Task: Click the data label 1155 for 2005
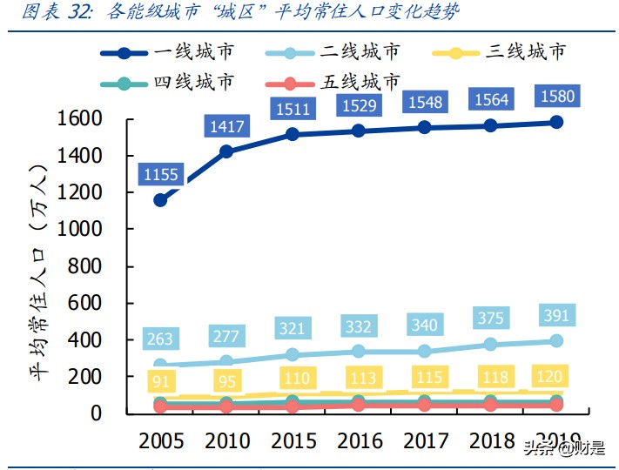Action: [x=161, y=175]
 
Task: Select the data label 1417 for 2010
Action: [x=228, y=128]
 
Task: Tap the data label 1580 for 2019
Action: [x=557, y=95]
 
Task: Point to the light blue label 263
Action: [x=160, y=339]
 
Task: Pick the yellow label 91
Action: [x=160, y=382]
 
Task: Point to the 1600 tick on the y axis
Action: [x=78, y=118]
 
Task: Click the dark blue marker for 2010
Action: [x=226, y=151]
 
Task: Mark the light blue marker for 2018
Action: [x=491, y=345]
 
